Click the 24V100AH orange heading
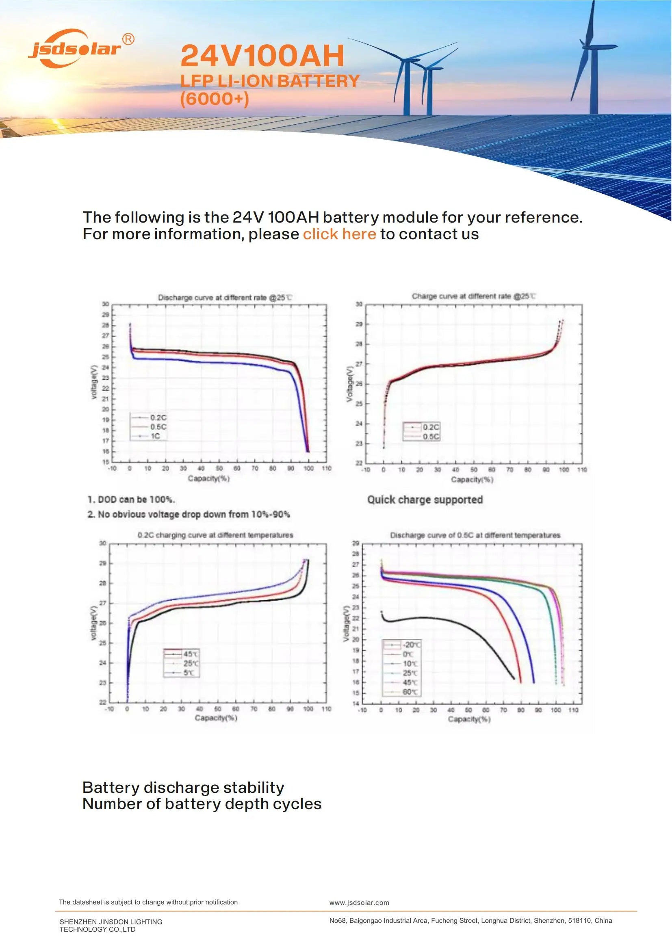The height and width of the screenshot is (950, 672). pyautogui.click(x=262, y=56)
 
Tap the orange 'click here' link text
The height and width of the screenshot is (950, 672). pyautogui.click(x=339, y=234)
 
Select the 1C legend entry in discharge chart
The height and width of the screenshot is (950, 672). pyautogui.click(x=155, y=436)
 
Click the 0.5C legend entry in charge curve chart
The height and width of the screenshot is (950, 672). pyautogui.click(x=430, y=437)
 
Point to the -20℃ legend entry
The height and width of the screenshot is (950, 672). pyautogui.click(x=411, y=645)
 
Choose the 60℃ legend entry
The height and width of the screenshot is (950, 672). pyautogui.click(x=410, y=692)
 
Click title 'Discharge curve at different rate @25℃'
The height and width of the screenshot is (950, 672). pyautogui.click(x=225, y=297)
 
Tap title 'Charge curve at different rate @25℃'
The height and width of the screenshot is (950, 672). pyautogui.click(x=474, y=296)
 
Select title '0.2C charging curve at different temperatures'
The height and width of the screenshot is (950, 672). pyautogui.click(x=215, y=535)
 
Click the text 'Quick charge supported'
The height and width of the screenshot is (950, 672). pyautogui.click(x=425, y=500)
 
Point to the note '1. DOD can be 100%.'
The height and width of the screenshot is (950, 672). pyautogui.click(x=131, y=500)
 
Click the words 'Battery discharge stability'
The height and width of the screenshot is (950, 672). pyautogui.click(x=183, y=788)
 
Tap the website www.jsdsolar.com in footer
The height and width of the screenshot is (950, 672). pyautogui.click(x=359, y=903)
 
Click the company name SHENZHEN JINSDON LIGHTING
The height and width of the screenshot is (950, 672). pyautogui.click(x=111, y=922)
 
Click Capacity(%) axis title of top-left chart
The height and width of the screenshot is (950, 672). pyautogui.click(x=208, y=479)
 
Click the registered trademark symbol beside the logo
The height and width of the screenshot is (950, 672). pyautogui.click(x=129, y=39)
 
